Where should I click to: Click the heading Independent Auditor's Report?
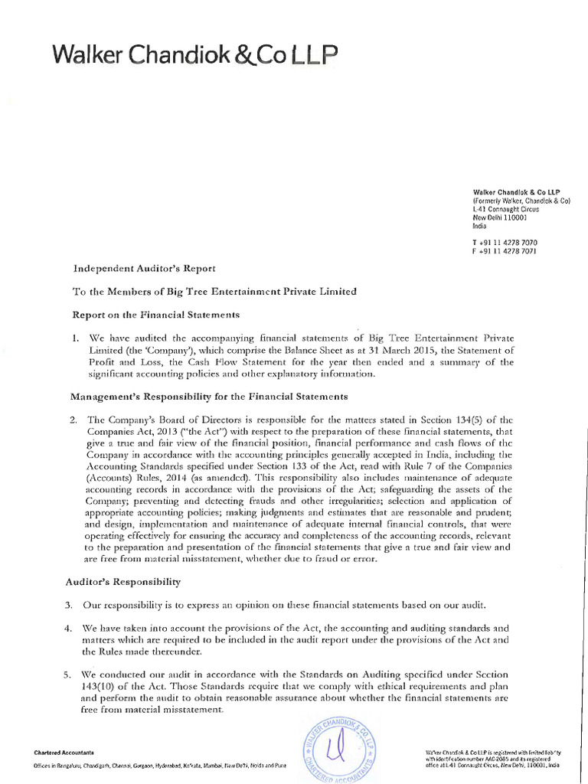point(145,268)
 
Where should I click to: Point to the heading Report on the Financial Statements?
point(156,314)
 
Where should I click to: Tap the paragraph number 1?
point(74,337)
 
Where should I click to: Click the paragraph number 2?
point(74,420)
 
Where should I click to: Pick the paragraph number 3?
point(74,606)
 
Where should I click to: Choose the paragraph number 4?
point(74,629)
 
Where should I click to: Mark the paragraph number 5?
point(74,675)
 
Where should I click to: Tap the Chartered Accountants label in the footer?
point(64,753)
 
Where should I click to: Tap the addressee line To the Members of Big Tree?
point(214,291)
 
